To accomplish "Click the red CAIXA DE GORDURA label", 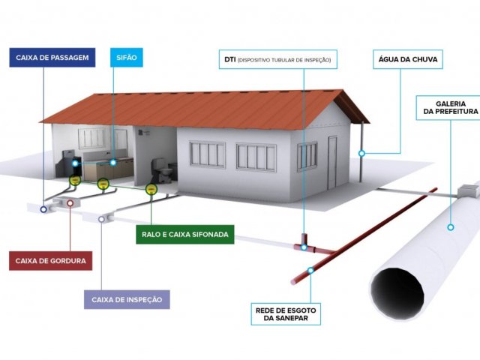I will [51, 262].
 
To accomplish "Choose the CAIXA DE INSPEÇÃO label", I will [127, 300].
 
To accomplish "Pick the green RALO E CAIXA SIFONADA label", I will [185, 235].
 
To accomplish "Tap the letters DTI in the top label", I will [229, 58].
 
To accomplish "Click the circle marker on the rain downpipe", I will [361, 153].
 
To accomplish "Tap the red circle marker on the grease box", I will [70, 202].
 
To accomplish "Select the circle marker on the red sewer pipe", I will [311, 270].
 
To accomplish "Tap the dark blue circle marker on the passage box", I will [43, 210].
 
